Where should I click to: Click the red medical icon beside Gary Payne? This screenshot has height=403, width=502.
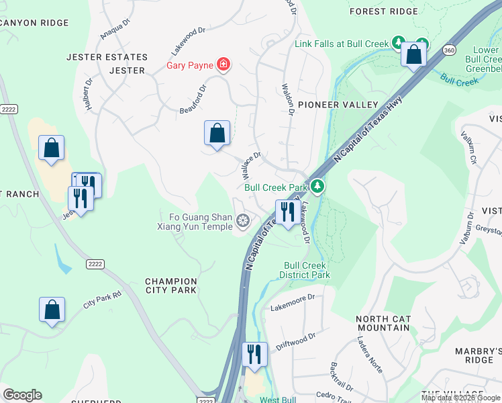(x=223, y=65)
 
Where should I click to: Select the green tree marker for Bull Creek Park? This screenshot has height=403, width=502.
(x=318, y=187)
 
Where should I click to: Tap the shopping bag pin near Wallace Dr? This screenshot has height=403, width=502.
(x=217, y=134)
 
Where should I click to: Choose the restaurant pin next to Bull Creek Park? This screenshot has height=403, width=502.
(x=288, y=213)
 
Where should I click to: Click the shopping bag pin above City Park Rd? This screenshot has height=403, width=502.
(x=52, y=310)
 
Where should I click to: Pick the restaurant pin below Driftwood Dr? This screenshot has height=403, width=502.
(x=254, y=354)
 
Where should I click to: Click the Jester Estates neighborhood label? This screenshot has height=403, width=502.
(x=107, y=57)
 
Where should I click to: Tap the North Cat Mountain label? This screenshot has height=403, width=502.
(x=382, y=323)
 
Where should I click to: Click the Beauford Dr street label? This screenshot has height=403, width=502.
(x=195, y=100)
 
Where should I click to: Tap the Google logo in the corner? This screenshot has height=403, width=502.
(x=22, y=395)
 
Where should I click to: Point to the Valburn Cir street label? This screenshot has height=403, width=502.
(x=472, y=149)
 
